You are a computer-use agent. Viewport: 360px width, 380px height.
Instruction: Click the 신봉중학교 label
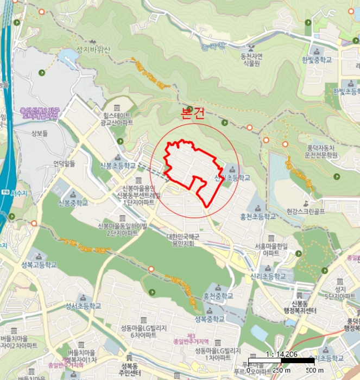point(73,204)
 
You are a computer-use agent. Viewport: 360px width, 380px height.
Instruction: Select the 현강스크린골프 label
point(305,211)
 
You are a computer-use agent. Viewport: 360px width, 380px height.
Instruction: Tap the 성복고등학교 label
point(39,265)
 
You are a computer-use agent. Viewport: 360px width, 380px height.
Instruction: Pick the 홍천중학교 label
point(218,296)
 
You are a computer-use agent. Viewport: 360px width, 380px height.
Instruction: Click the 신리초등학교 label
point(268,276)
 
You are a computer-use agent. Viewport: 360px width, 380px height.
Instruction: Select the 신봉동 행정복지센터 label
point(296,307)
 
